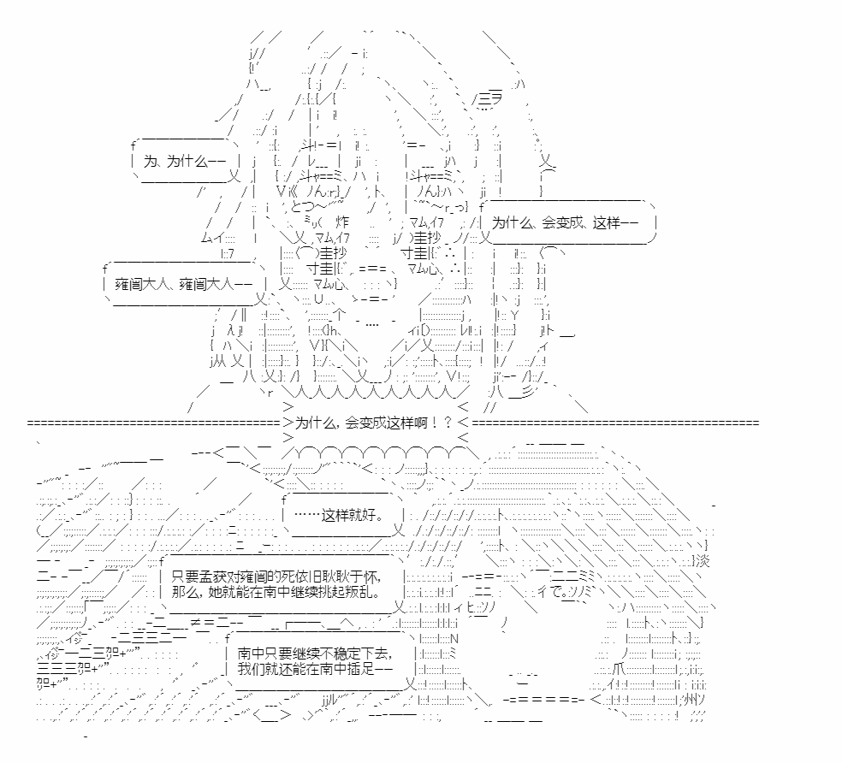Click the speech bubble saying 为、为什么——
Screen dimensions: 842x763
click(x=185, y=161)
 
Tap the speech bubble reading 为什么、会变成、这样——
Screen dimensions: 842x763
click(x=568, y=222)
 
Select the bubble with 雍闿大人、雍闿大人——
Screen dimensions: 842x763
click(x=185, y=283)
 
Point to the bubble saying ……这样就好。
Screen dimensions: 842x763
click(x=342, y=516)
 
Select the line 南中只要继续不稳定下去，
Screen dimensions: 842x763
click(x=316, y=654)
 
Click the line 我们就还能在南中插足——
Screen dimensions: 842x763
click(x=316, y=669)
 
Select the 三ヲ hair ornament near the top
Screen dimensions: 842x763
click(x=488, y=99)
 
